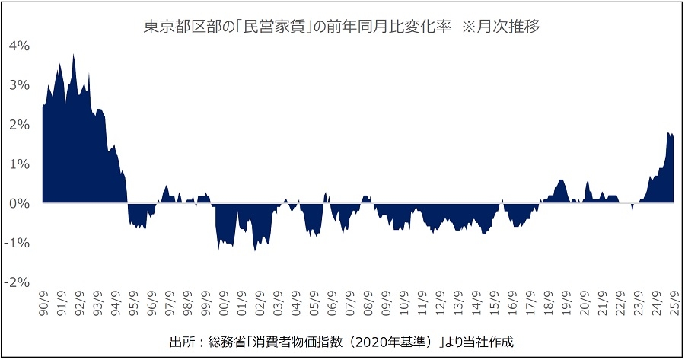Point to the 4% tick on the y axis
coord(19,46)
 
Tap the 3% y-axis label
coord(19,85)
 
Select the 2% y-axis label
coord(19,125)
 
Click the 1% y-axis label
coord(19,164)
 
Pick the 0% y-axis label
coord(19,204)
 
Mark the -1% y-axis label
coord(18,244)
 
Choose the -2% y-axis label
coord(18,283)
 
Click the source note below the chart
coord(342,339)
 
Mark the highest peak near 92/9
coord(73,55)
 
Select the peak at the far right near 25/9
coord(668,133)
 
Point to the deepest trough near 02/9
coord(255,250)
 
